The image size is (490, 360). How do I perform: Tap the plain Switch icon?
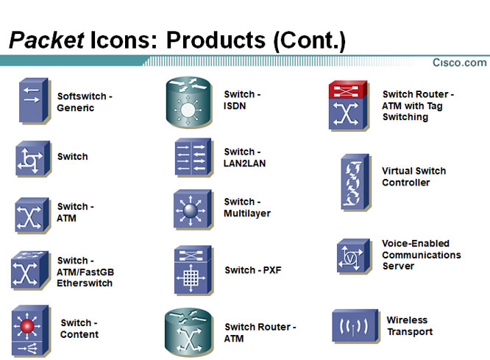click(33, 158)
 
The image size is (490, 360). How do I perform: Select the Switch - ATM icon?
click(32, 215)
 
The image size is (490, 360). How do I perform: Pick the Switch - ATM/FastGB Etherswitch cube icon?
click(29, 269)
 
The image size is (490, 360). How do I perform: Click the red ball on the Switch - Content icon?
click(27, 326)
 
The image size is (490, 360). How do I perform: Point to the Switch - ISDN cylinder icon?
click(188, 102)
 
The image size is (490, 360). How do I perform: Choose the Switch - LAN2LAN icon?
click(193, 157)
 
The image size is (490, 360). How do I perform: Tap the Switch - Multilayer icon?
click(193, 209)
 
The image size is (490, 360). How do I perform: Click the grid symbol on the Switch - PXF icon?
click(191, 278)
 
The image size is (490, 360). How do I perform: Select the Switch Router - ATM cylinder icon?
click(189, 331)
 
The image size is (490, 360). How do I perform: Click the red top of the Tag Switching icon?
click(347, 90)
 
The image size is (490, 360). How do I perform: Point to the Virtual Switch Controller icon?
click(355, 182)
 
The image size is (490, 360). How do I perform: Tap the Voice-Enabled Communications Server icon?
click(353, 256)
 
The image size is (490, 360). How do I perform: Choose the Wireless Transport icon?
click(355, 326)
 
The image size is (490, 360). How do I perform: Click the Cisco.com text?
click(459, 63)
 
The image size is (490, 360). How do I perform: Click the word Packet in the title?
click(47, 40)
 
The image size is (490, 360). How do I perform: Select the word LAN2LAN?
click(244, 163)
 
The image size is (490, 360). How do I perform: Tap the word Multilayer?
click(247, 213)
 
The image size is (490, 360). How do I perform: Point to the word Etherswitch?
click(85, 283)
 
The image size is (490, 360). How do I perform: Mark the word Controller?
click(406, 183)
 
